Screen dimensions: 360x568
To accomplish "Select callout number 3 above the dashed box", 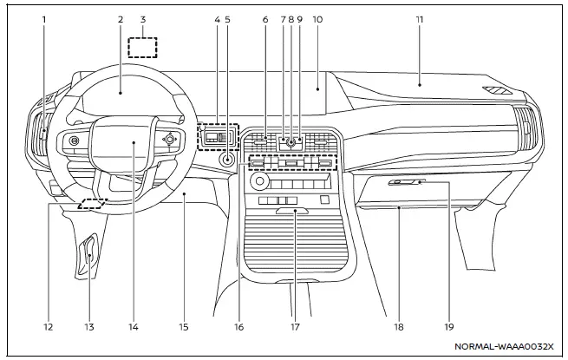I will (143, 18).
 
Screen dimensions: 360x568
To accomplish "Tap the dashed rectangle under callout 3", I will (143, 47).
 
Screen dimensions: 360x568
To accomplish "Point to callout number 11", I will (419, 18).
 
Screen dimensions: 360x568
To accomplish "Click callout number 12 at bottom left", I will (48, 327).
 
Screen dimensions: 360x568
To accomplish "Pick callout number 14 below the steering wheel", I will (134, 327).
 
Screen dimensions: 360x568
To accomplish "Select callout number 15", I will (184, 327).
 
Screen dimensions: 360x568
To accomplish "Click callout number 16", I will (239, 327).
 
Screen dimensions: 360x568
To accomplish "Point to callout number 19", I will (449, 327).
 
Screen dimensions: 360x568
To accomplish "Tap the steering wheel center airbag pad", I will (134, 141).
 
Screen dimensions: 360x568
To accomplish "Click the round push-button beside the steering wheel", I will (226, 160).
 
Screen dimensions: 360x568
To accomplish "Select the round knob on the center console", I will (258, 184).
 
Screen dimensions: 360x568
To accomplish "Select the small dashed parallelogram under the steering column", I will (92, 205).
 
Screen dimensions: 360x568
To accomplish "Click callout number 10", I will (317, 18).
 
